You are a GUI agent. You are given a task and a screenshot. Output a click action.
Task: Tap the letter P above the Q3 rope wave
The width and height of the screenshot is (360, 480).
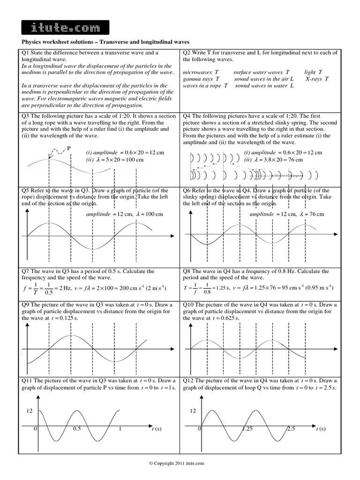(x=69, y=148)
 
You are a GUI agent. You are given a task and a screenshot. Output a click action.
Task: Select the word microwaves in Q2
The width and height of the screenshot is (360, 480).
(x=196, y=73)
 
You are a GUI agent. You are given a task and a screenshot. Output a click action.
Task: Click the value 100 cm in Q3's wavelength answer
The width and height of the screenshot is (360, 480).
(x=133, y=160)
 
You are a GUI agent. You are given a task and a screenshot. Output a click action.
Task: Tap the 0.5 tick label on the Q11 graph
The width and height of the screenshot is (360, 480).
(x=77, y=429)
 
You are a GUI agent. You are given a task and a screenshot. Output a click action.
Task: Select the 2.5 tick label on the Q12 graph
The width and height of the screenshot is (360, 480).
(x=291, y=429)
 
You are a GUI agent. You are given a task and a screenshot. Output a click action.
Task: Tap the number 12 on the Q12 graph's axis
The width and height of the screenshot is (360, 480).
(x=192, y=411)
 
